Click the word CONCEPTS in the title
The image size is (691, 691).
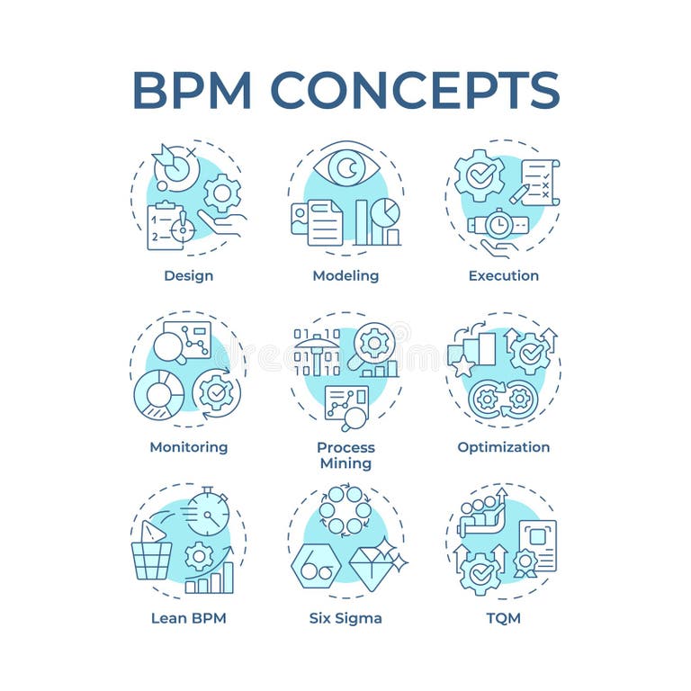point(415,89)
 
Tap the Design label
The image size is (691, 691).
point(188,275)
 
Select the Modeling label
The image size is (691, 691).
point(345,275)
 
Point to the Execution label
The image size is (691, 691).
point(503,275)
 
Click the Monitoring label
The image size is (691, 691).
point(188,446)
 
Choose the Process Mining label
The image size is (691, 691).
point(345,454)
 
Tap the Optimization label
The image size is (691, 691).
point(503,446)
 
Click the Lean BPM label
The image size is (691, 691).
point(188,617)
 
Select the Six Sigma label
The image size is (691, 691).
point(345,617)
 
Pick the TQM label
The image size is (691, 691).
point(503,617)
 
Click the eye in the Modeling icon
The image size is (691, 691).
point(346,167)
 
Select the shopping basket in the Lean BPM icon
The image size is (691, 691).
point(151,559)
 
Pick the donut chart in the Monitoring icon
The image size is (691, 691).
point(159,395)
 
